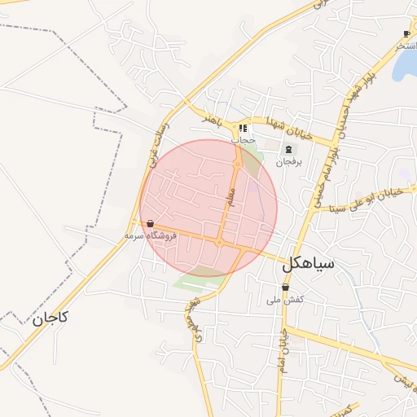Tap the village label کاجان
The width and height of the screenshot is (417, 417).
point(50,318)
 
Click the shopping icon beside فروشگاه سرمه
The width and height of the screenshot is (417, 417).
point(150,223)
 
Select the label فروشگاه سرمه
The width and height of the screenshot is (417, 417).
point(150,235)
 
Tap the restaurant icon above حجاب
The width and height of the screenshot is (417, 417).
point(243,128)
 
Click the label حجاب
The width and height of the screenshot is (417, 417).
point(243,140)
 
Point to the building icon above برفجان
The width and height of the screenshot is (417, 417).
point(288,149)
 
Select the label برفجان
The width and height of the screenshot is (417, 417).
point(288,162)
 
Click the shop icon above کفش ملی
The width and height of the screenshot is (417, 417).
point(285,288)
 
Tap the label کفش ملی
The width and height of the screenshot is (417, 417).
point(285,300)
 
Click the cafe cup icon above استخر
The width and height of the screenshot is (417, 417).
point(406,33)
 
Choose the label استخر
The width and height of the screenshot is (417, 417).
point(406,46)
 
